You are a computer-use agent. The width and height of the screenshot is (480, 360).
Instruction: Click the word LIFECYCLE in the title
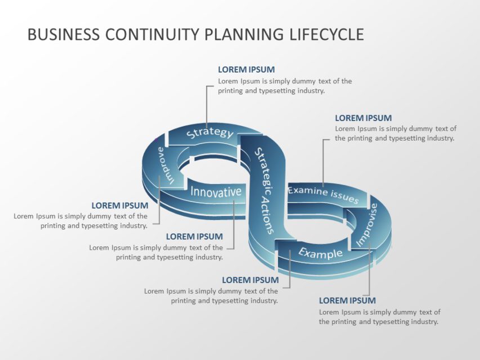click(327, 34)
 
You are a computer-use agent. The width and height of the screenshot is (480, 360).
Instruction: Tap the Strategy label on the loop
click(209, 133)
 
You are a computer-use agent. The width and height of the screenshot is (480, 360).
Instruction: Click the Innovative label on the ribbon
click(216, 192)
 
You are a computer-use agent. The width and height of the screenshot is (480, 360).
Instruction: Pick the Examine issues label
click(322, 194)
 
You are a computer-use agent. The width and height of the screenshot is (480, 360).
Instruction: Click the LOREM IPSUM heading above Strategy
click(246, 70)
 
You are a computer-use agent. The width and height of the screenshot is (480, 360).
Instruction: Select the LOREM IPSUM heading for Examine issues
click(363, 118)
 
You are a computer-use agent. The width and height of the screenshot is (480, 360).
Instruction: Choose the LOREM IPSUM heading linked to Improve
click(120, 206)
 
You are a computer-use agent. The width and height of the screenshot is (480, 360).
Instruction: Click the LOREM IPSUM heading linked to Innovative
click(194, 237)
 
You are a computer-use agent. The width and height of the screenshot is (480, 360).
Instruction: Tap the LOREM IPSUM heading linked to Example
click(250, 280)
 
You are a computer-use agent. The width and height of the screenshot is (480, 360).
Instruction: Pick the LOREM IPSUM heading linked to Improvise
click(347, 300)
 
